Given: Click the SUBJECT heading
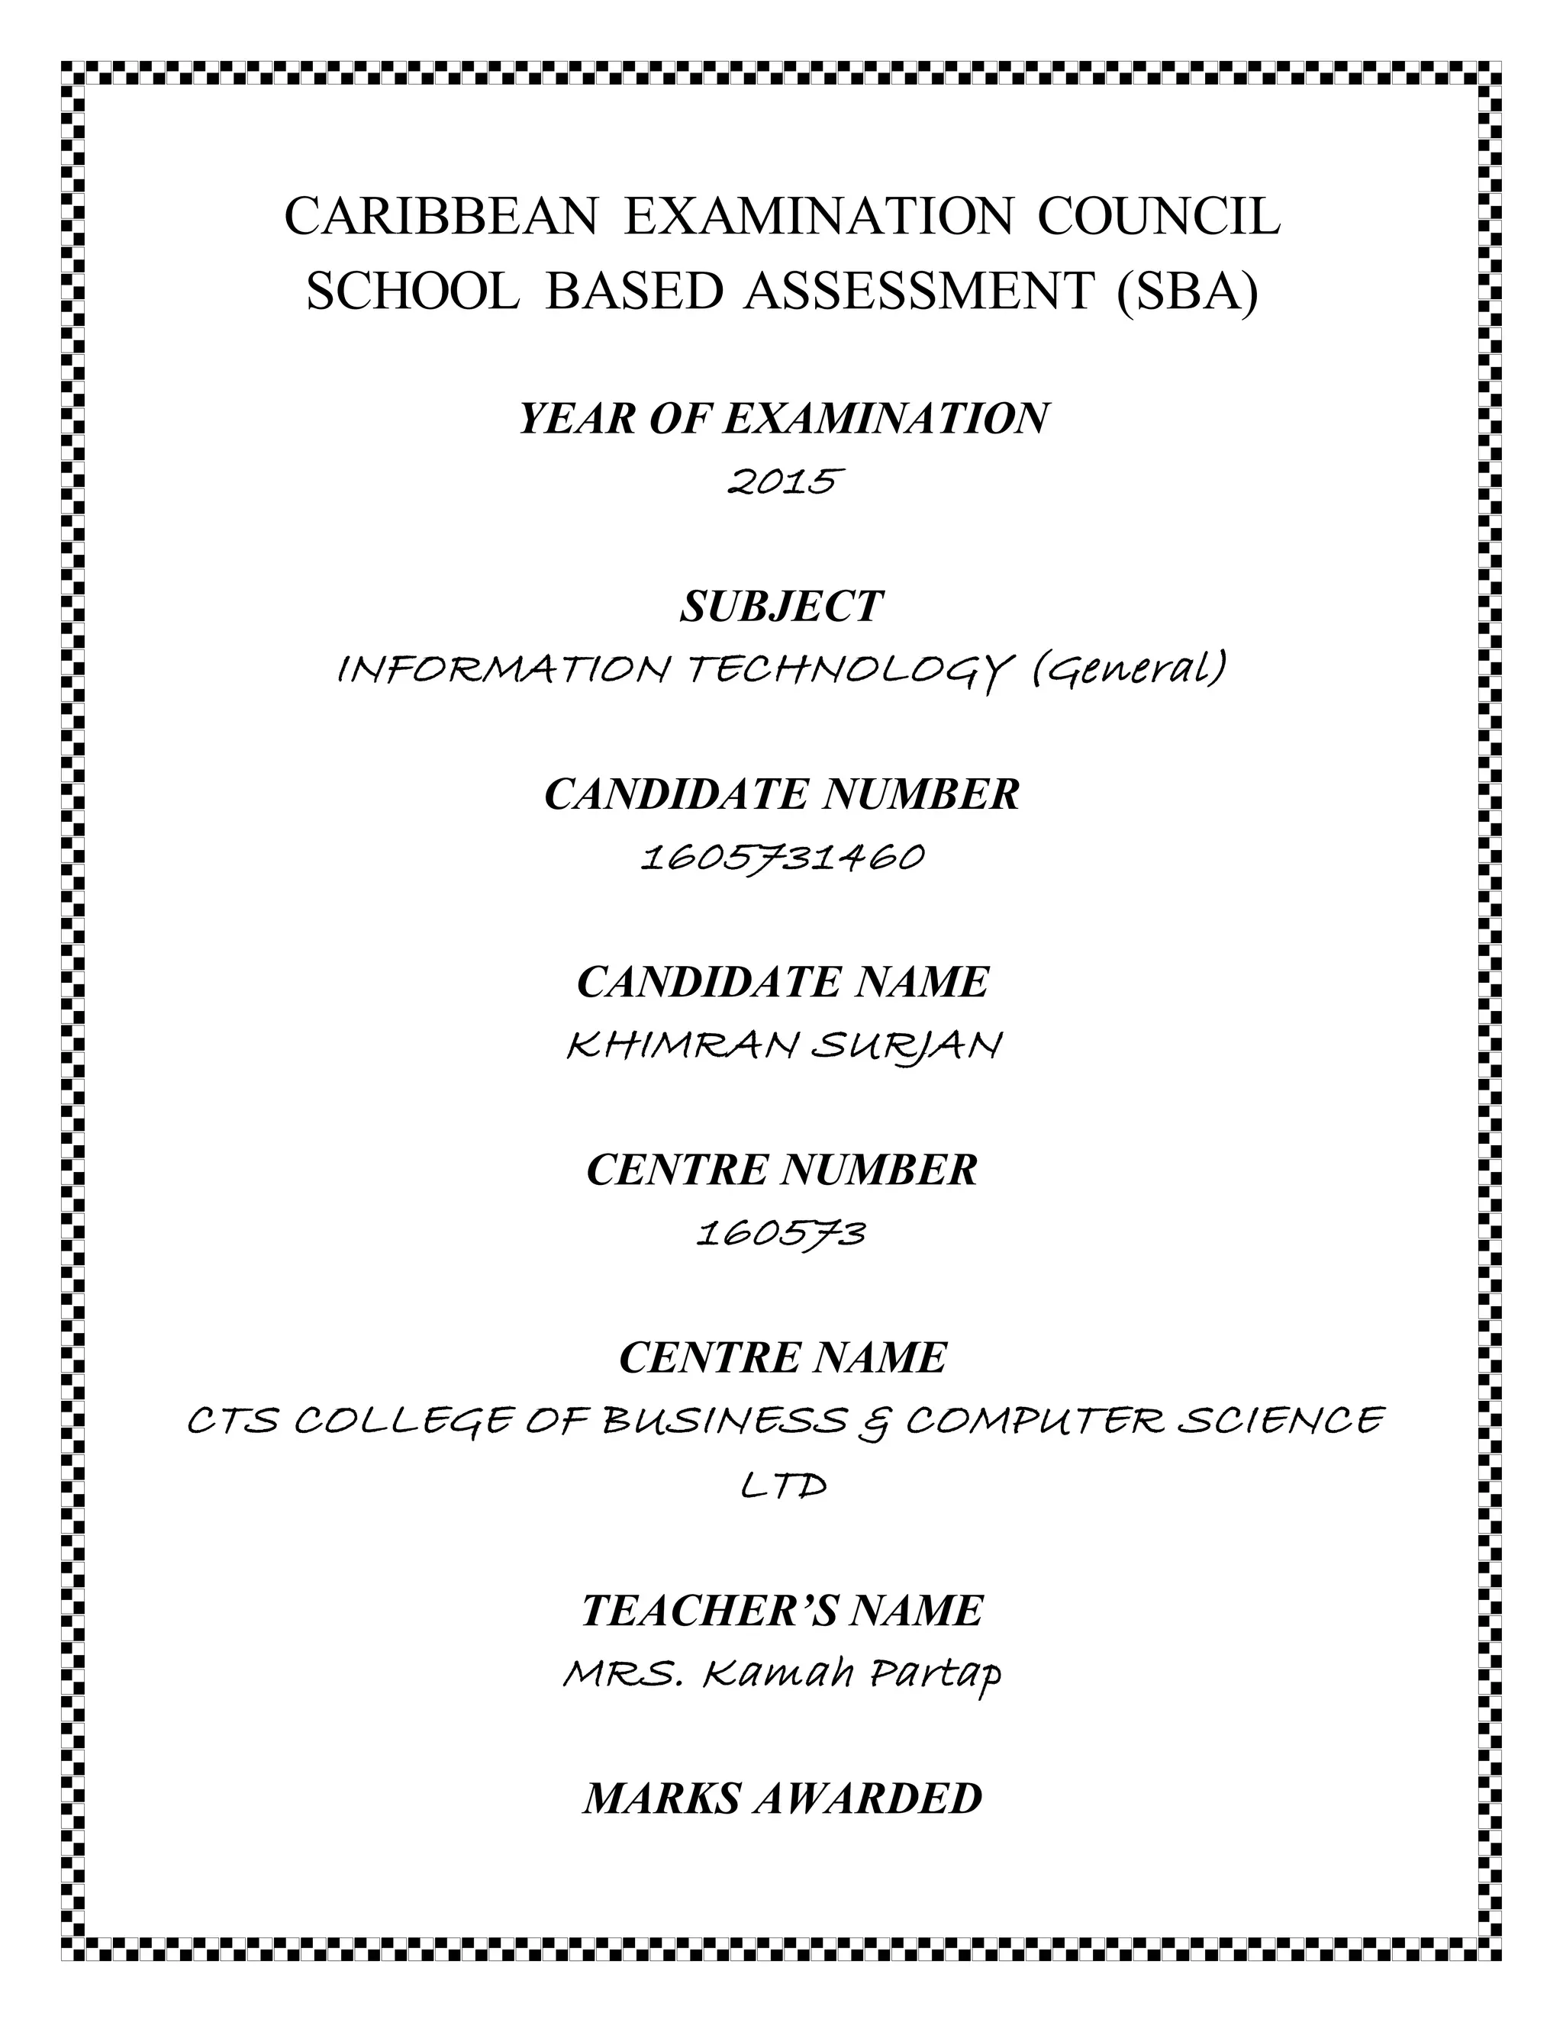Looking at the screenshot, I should (781, 607).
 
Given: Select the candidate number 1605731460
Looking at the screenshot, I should (782, 858).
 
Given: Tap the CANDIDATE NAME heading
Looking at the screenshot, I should (782, 981).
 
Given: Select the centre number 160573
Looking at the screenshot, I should (781, 1233).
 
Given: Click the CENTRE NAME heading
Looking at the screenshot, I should (782, 1358).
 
